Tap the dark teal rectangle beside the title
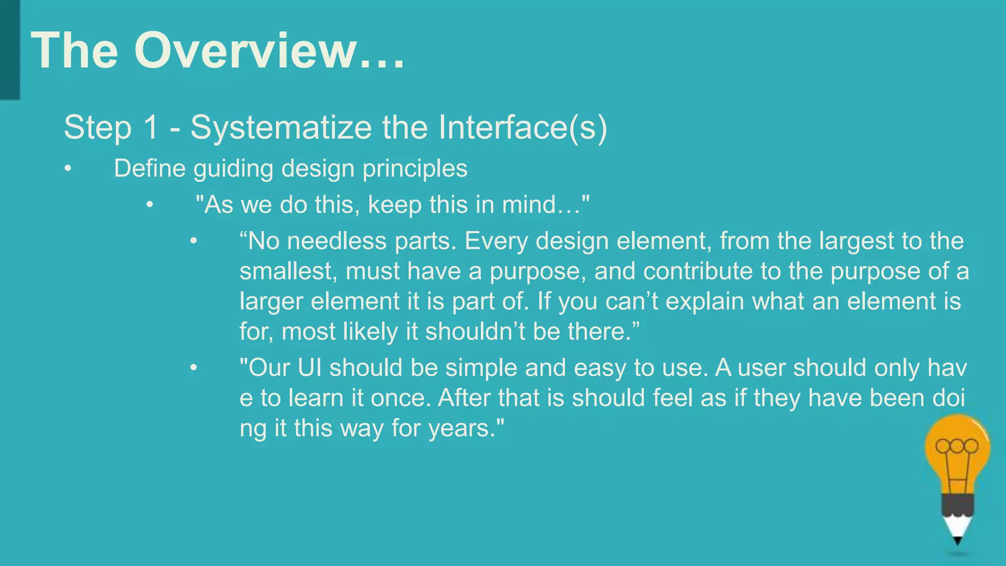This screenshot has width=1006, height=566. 10,49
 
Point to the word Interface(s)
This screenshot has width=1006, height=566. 523,128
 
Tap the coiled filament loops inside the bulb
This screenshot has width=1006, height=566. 957,446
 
